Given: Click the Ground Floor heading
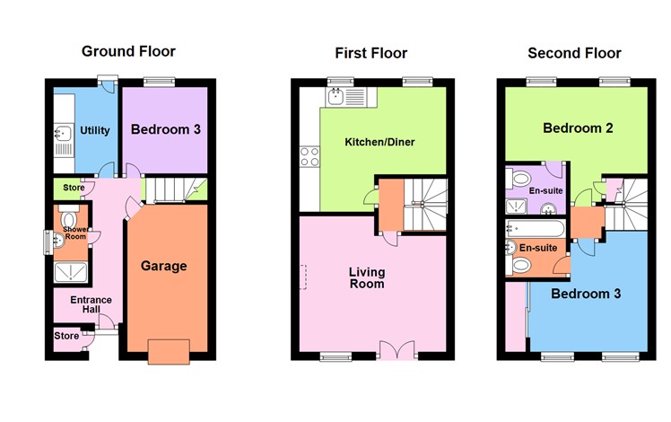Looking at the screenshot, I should click(x=128, y=51).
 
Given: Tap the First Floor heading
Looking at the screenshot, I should click(x=370, y=54).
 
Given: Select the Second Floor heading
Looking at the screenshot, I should click(x=574, y=53).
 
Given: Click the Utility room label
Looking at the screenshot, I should click(x=95, y=130).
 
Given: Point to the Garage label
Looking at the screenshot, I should click(x=164, y=266).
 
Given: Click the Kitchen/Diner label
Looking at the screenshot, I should click(x=380, y=142).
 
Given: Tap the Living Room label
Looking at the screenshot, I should click(x=368, y=277).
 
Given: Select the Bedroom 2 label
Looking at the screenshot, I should click(x=578, y=128).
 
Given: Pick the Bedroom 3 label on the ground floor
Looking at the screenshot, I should click(x=166, y=129).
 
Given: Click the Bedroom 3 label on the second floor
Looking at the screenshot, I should click(x=585, y=294).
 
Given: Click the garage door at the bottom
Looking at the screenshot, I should click(x=169, y=351).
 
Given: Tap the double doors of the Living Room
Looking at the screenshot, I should click(x=396, y=350).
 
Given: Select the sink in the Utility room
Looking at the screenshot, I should click(x=62, y=136).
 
